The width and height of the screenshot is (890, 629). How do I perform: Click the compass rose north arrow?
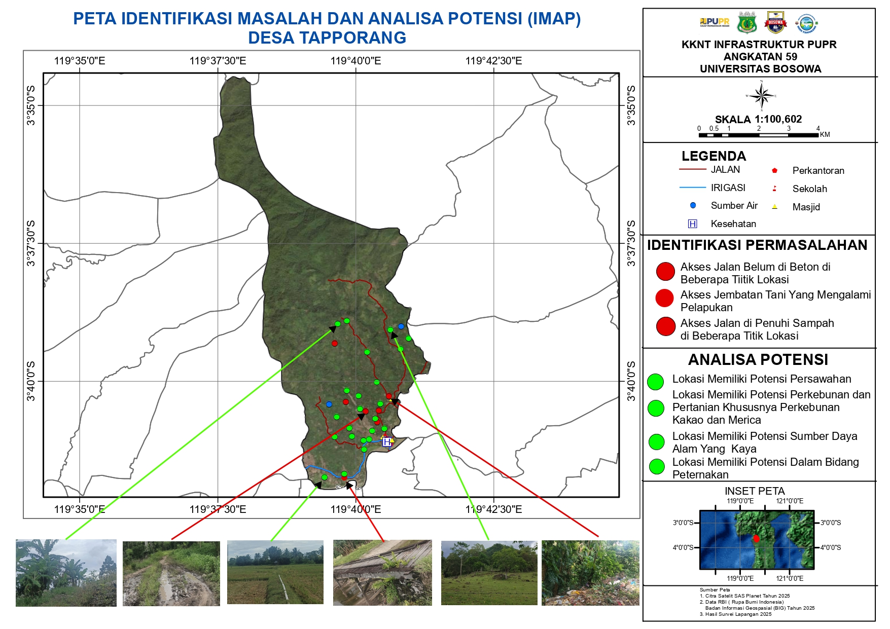(x=761, y=95)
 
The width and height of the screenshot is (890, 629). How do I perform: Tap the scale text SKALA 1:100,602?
(x=758, y=119)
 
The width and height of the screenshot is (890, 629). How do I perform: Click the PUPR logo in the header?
(x=714, y=22)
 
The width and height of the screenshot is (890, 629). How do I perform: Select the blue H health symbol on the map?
(x=387, y=442)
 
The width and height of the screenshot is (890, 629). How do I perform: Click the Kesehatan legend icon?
(x=692, y=224)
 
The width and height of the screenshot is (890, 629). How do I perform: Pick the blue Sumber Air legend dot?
(x=693, y=205)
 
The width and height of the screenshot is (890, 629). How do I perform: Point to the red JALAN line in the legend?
(x=692, y=169)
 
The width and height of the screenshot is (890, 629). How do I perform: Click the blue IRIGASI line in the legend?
(x=692, y=188)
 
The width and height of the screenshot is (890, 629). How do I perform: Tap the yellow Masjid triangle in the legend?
(x=774, y=206)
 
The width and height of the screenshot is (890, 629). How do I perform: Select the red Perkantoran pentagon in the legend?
(x=774, y=170)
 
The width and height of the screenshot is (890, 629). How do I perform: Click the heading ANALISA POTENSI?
(x=758, y=359)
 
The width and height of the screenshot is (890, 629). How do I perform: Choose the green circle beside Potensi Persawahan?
(x=655, y=382)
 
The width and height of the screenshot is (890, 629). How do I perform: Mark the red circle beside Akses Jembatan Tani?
(x=664, y=298)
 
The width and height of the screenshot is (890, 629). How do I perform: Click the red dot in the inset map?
(x=756, y=538)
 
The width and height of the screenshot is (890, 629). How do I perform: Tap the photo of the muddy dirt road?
(x=171, y=573)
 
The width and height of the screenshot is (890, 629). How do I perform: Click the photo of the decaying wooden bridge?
(x=382, y=572)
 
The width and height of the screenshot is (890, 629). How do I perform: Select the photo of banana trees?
(x=66, y=573)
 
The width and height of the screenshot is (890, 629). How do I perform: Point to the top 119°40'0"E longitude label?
(x=355, y=61)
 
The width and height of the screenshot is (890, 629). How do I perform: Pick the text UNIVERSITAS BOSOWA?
(x=760, y=69)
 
